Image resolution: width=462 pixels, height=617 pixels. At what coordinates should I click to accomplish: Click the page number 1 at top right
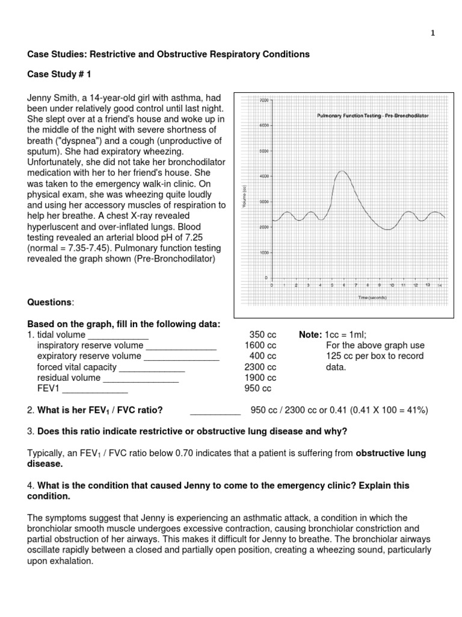(433, 34)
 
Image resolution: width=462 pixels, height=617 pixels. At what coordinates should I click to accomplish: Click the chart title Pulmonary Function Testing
(372, 114)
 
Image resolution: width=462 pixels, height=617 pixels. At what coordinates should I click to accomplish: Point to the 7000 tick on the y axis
(263, 100)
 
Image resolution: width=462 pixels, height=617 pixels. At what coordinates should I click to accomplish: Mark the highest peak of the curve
(342, 171)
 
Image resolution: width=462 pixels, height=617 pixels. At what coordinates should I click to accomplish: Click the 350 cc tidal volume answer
(262, 335)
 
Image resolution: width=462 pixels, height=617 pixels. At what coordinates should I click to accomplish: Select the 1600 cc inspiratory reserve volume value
(260, 345)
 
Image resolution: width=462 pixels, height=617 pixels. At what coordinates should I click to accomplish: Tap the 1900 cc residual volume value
(260, 378)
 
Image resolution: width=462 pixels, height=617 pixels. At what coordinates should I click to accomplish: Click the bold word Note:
(310, 335)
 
